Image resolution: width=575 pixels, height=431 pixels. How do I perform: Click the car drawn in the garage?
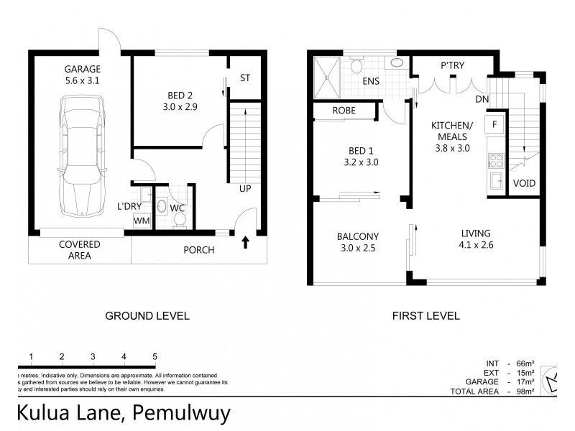(85, 158)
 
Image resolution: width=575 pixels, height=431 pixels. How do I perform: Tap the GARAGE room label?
(80, 69)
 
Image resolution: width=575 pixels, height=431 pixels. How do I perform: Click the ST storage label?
(245, 77)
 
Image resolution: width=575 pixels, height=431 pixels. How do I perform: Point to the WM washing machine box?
(142, 221)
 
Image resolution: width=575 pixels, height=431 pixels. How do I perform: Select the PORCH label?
(199, 250)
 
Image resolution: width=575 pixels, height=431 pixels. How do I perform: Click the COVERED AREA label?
(80, 249)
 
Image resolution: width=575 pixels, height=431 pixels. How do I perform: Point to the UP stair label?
(246, 189)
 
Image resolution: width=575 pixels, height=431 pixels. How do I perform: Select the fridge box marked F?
(495, 124)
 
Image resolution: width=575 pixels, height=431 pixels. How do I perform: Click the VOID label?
(525, 183)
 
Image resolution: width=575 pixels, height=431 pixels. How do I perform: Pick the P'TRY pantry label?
(451, 65)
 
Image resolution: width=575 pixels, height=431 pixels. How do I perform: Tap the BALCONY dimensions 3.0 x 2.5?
(357, 248)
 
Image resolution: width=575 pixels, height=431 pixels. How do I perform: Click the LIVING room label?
(476, 233)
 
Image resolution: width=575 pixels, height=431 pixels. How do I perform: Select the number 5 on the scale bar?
(155, 356)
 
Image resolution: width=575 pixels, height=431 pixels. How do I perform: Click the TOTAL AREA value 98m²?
(525, 391)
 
